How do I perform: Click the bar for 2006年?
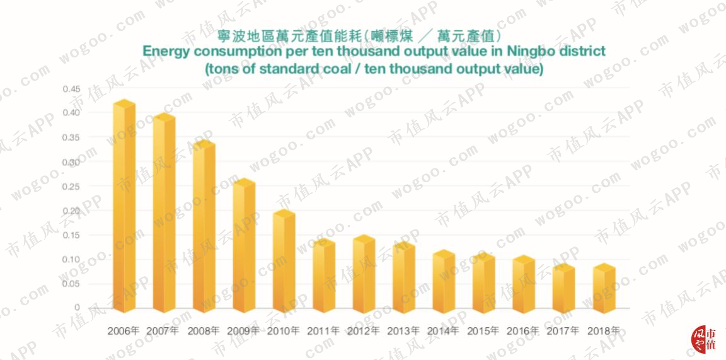click(124, 206)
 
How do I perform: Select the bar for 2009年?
click(244, 245)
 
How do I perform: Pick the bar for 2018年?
click(604, 288)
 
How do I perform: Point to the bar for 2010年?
click(284, 261)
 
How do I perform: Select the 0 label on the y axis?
click(77, 308)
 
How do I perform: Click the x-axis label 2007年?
click(163, 331)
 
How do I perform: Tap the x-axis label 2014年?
click(443, 331)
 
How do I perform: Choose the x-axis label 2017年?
click(563, 331)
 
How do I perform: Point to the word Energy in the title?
click(165, 52)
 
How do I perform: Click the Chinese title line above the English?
click(360, 36)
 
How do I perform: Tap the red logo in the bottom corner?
click(703, 339)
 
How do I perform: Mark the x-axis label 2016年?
click(523, 331)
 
